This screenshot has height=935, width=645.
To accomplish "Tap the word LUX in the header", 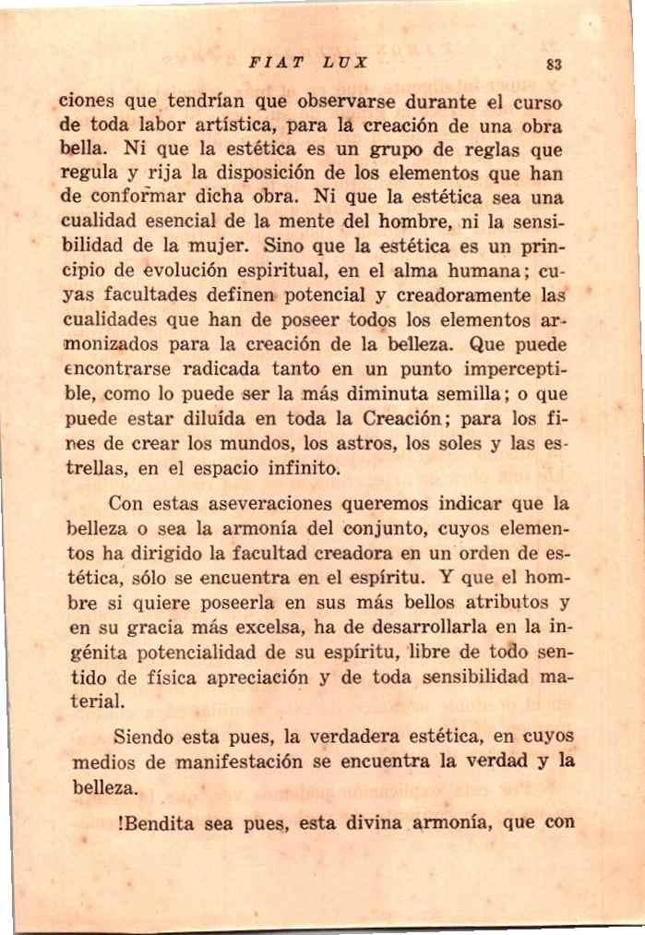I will (346, 64).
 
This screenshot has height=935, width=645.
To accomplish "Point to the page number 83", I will (554, 65).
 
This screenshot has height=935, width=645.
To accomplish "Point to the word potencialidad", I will (184, 653).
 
